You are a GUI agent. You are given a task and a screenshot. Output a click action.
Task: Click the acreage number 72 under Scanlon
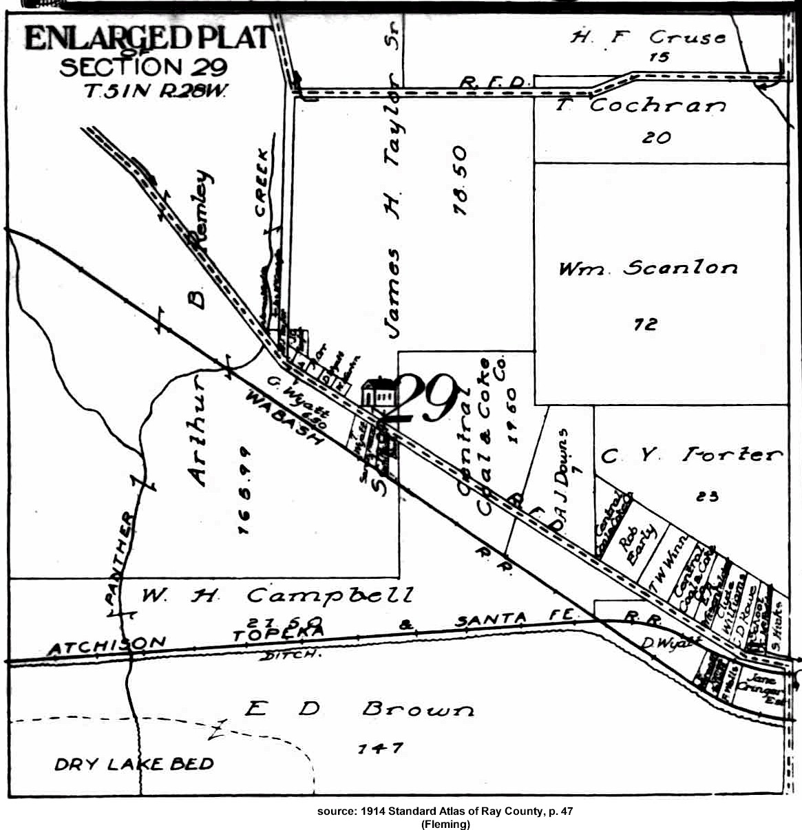tap(645, 323)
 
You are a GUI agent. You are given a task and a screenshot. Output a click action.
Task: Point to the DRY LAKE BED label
tap(134, 763)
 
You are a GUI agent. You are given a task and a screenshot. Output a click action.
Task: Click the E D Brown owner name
tap(359, 708)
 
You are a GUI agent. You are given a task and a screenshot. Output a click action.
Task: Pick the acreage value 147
tap(380, 747)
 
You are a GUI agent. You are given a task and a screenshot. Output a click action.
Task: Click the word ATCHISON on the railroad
tap(107, 646)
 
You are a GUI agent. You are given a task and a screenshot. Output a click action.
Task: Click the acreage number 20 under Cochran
tap(655, 137)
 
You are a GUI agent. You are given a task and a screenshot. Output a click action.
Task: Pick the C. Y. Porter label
tap(692, 455)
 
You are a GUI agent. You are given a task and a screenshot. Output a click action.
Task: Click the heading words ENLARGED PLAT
tap(147, 38)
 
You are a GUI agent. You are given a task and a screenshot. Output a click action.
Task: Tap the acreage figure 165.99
tap(242, 490)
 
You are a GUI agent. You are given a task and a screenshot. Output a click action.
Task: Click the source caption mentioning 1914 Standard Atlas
tap(445, 811)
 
